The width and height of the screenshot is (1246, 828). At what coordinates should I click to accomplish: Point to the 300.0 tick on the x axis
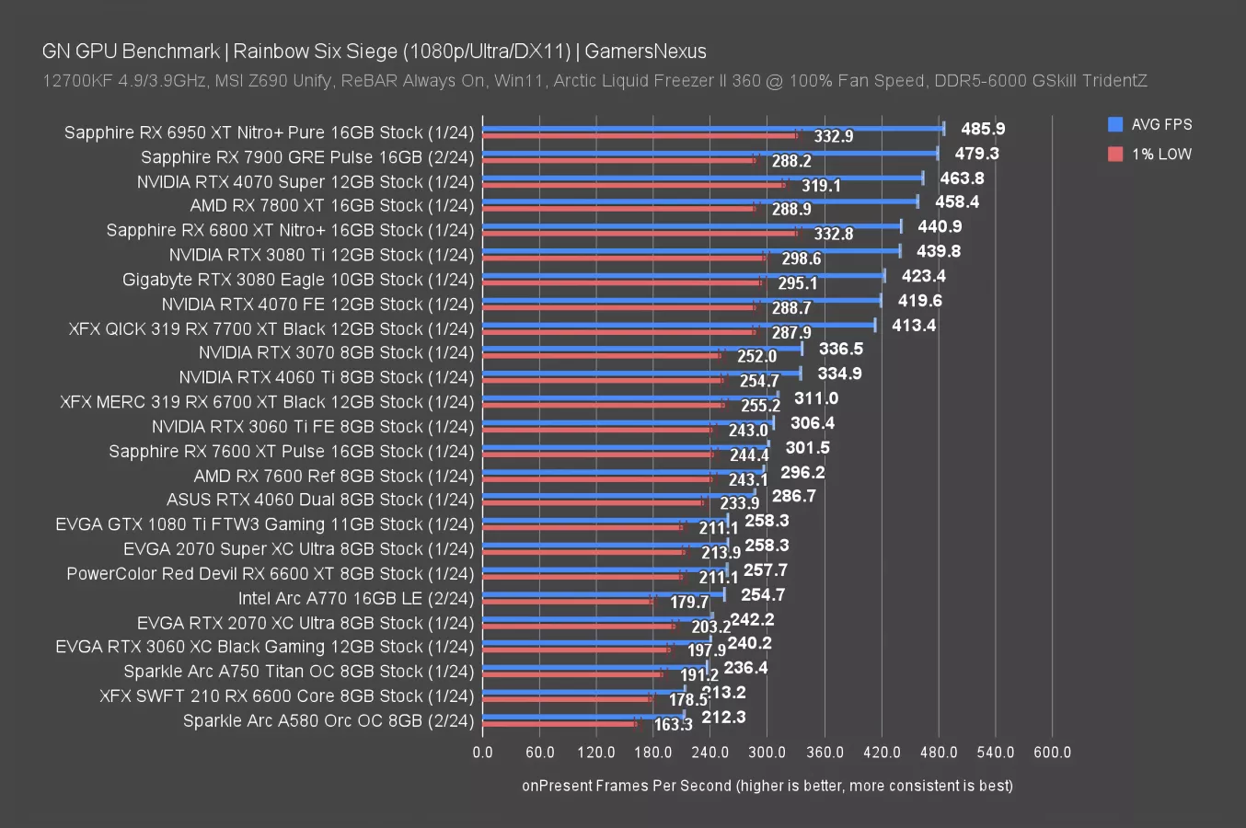click(767, 752)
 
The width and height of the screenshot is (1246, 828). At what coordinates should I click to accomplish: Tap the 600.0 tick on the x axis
click(1052, 752)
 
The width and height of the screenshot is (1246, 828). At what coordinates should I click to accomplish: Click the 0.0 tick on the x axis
click(482, 752)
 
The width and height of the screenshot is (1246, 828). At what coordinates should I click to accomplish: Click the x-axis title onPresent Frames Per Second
click(767, 785)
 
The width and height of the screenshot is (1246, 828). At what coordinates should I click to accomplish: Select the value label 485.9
click(983, 129)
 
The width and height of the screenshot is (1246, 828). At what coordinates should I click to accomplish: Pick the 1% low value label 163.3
click(673, 725)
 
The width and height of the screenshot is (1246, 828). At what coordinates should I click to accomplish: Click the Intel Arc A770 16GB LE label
click(356, 598)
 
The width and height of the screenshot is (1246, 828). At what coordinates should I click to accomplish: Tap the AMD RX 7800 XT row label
click(332, 205)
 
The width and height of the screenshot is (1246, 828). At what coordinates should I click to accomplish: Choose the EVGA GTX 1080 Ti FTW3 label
click(265, 524)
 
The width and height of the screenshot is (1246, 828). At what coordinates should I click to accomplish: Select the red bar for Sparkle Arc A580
click(559, 724)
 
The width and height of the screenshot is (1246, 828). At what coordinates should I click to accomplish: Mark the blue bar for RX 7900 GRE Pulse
click(710, 154)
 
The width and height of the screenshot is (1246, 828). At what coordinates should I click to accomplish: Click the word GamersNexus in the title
click(646, 52)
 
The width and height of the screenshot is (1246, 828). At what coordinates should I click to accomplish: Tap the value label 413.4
click(914, 325)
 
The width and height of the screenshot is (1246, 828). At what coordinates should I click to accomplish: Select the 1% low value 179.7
click(689, 603)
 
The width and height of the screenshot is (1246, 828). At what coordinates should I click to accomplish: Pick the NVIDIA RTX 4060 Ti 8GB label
click(327, 377)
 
